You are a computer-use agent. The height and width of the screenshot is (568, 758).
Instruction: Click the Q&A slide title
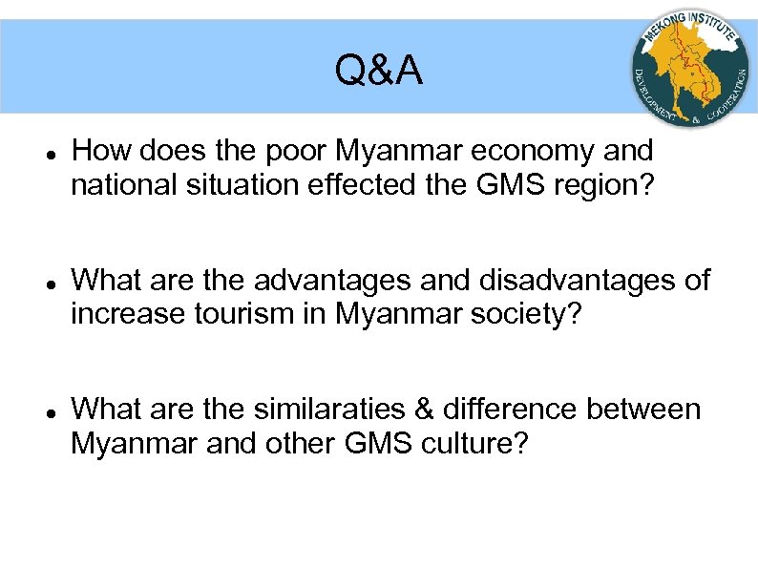pyautogui.click(x=379, y=71)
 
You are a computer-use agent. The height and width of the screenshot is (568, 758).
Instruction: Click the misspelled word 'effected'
pyautogui.click(x=364, y=184)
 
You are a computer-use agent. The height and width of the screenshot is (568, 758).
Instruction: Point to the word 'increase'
pyautogui.click(x=129, y=314)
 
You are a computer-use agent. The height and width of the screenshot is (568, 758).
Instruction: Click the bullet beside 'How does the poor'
pyautogui.click(x=49, y=153)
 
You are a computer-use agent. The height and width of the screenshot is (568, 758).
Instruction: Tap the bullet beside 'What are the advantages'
pyautogui.click(x=49, y=282)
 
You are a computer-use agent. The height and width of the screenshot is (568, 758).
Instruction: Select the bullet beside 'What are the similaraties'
pyautogui.click(x=49, y=411)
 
